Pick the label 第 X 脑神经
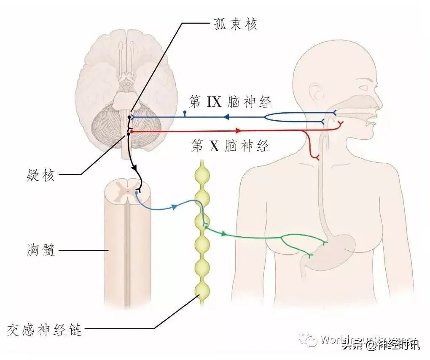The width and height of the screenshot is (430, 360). (x=230, y=146)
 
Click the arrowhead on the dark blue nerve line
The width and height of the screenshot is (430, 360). (x=226, y=116)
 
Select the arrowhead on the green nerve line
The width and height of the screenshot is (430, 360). (x=223, y=233)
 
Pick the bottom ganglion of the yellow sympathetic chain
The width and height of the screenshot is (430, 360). (x=202, y=290)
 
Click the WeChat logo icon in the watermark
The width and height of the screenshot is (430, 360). (x=311, y=339)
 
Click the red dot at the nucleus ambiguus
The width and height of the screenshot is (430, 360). (x=132, y=132)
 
